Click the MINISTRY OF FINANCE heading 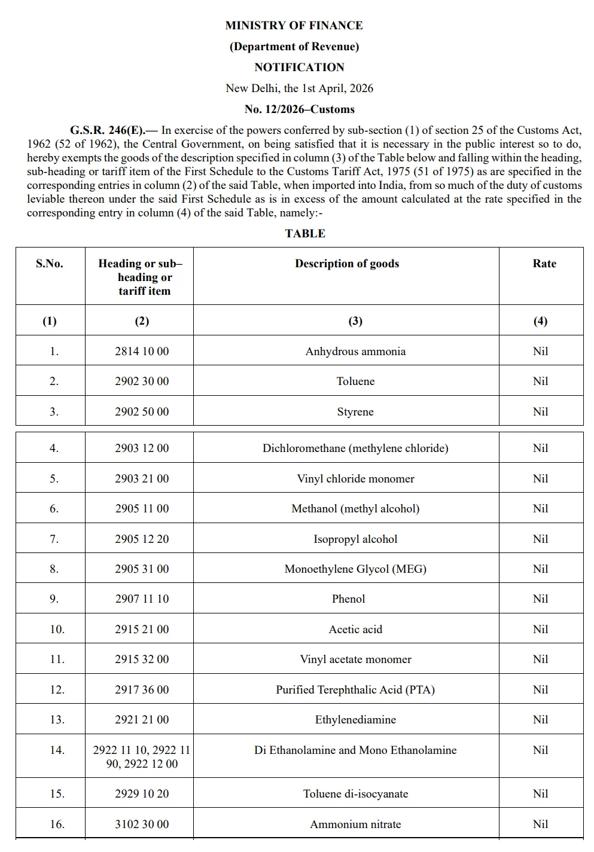(x=294, y=25)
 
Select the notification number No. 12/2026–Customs (x=299, y=109)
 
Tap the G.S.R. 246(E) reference (x=107, y=130)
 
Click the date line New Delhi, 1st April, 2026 (x=299, y=88)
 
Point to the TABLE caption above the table (x=305, y=233)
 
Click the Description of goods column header (x=346, y=263)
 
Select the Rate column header (x=544, y=263)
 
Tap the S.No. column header (x=50, y=263)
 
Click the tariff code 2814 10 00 (x=142, y=351)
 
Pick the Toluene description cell (x=355, y=381)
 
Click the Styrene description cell (x=355, y=411)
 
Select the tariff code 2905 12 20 (x=142, y=539)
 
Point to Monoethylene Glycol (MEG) (x=355, y=569)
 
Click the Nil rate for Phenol (x=540, y=598)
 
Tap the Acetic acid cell (x=355, y=629)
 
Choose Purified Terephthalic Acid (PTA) (x=355, y=689)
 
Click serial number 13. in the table (x=57, y=719)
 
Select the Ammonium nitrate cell (x=355, y=824)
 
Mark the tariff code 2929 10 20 (x=142, y=793)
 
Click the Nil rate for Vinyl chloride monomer (x=540, y=478)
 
